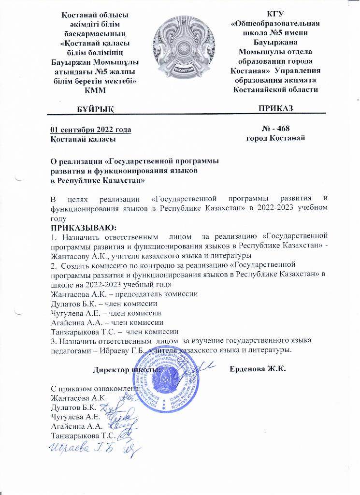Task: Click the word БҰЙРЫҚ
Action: (x=96, y=108)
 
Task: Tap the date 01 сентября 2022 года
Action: (x=91, y=129)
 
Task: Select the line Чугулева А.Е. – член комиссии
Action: (x=106, y=313)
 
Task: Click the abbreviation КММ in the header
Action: (x=95, y=89)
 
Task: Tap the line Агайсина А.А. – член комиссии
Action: (x=107, y=322)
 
